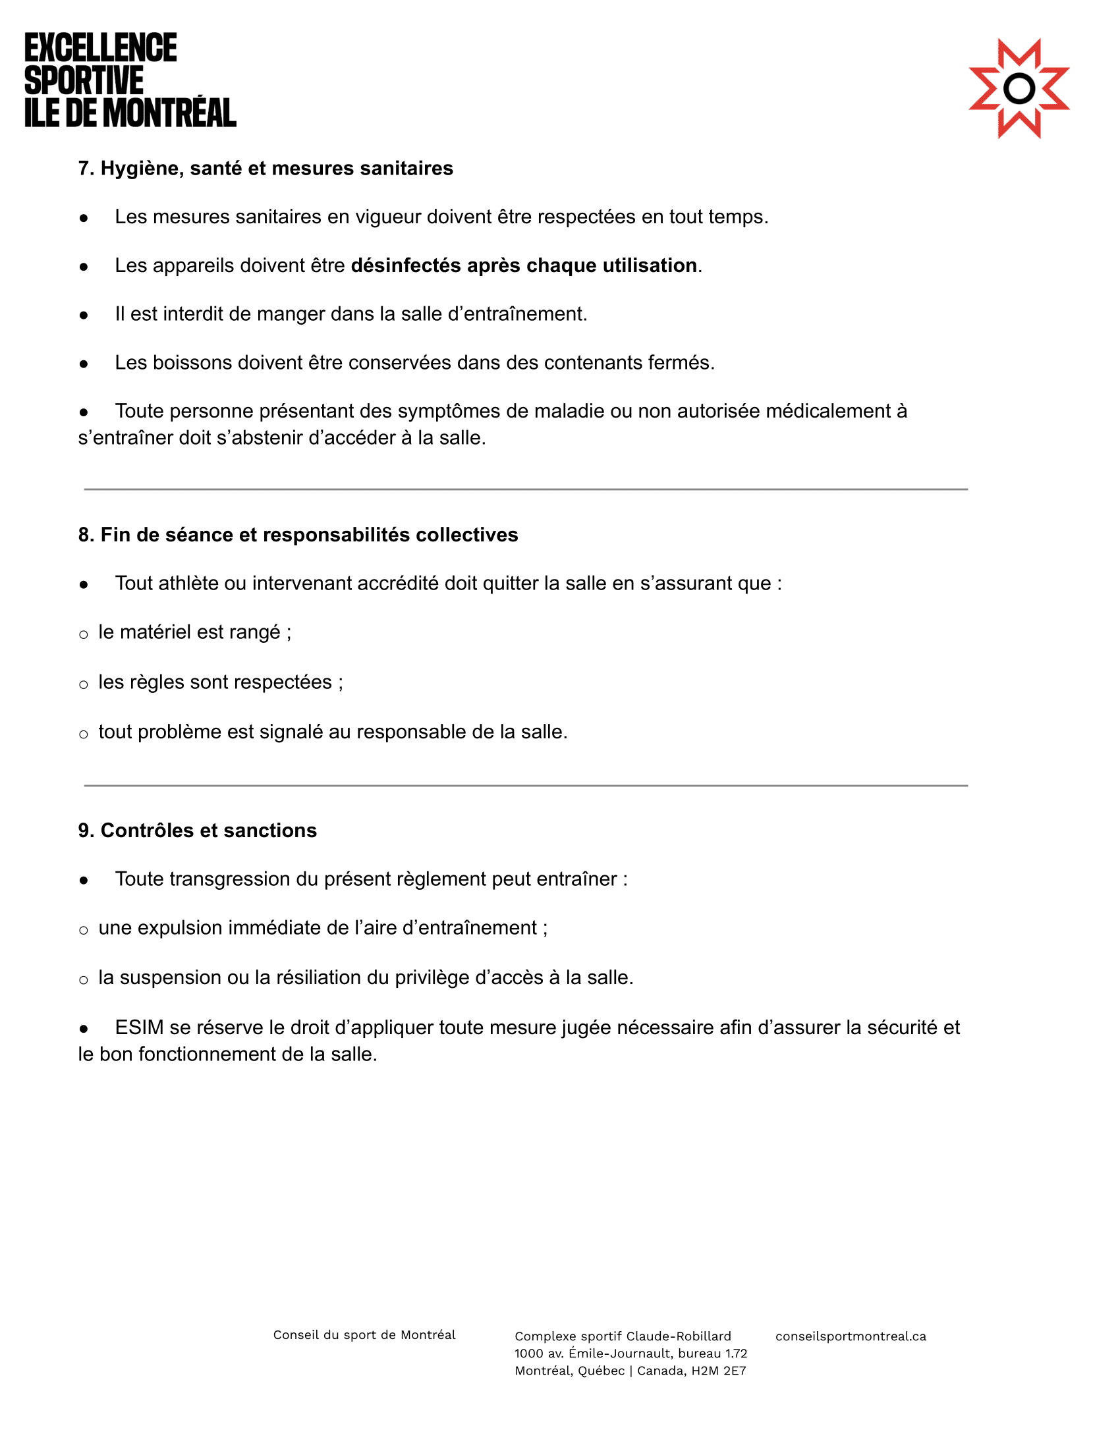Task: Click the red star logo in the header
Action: [1019, 88]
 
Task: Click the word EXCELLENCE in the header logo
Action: [101, 48]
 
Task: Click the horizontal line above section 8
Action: [526, 489]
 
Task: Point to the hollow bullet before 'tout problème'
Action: [84, 734]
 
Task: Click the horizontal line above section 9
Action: [526, 786]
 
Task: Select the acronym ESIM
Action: [139, 1027]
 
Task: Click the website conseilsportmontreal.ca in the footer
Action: [851, 1336]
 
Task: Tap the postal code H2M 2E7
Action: [719, 1371]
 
